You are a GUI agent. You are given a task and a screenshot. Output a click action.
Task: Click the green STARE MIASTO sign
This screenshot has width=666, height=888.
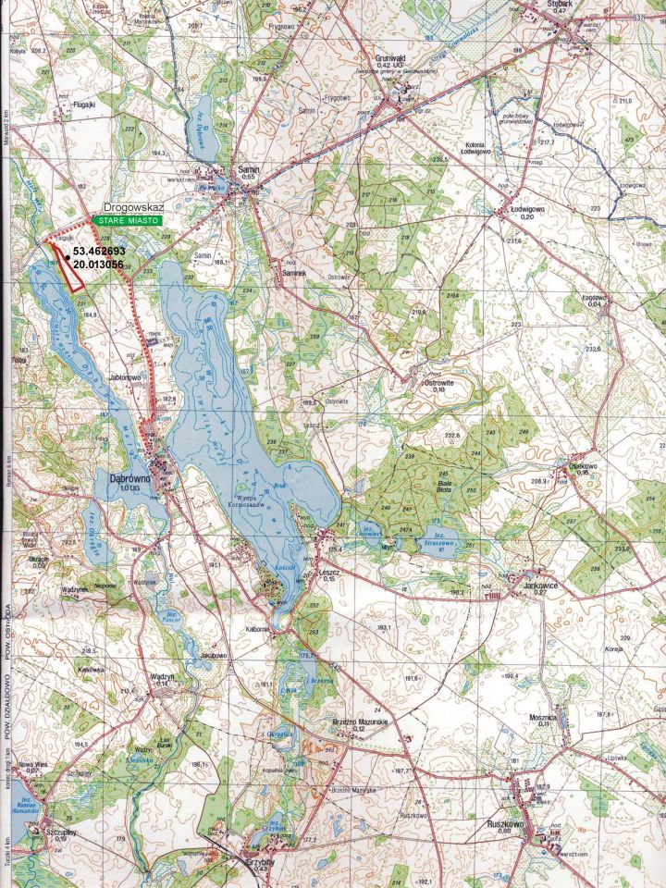[x=126, y=222]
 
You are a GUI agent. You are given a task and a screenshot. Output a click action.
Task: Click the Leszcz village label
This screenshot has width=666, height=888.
[x=327, y=573]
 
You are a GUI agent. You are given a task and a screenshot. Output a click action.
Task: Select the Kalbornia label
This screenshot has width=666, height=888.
[x=256, y=629]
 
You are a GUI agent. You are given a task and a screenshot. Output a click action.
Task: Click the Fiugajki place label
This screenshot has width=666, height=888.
[x=87, y=105]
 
